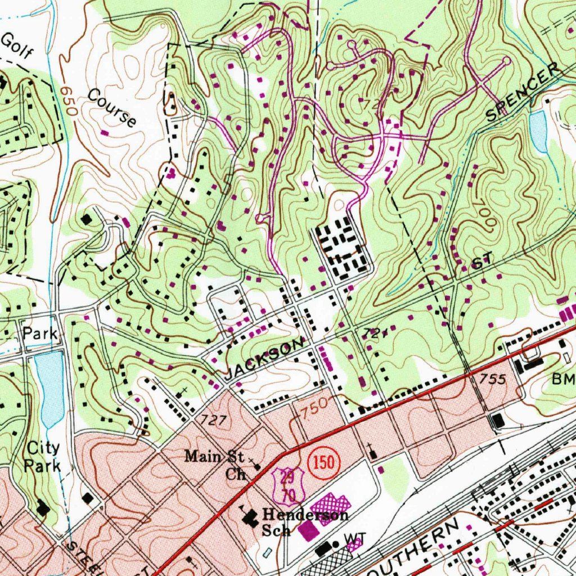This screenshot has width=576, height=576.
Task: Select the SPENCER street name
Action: coord(524,92)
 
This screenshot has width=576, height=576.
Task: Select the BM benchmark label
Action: coord(563,380)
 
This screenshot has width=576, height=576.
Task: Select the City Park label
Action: coord(44,457)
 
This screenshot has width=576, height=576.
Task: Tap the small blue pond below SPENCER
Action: coord(539,131)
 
